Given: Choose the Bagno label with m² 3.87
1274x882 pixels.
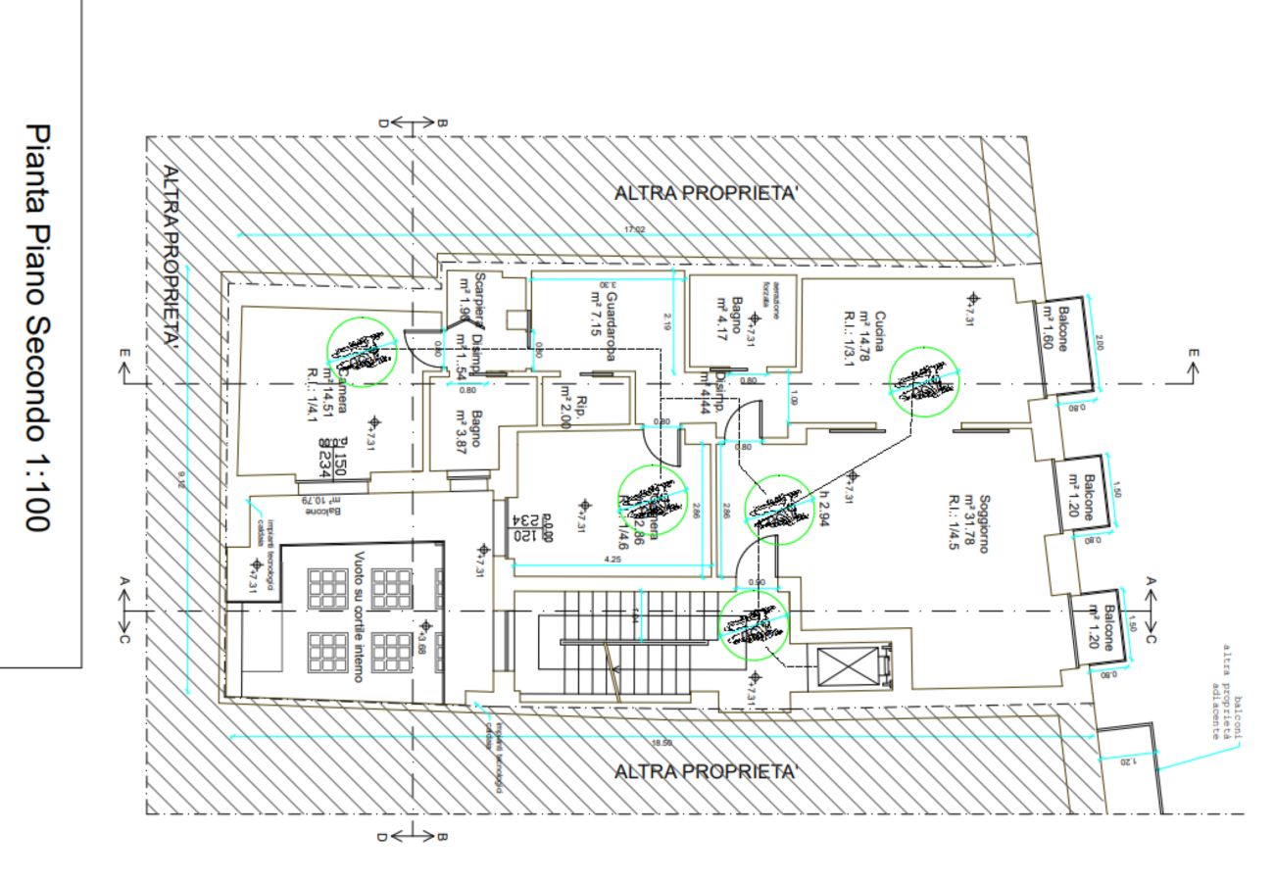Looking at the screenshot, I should click(469, 430).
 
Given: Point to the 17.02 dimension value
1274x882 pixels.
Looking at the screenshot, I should click(635, 229).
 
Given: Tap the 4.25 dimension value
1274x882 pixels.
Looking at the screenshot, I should click(612, 560).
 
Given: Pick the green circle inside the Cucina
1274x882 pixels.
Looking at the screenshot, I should click(923, 381).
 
